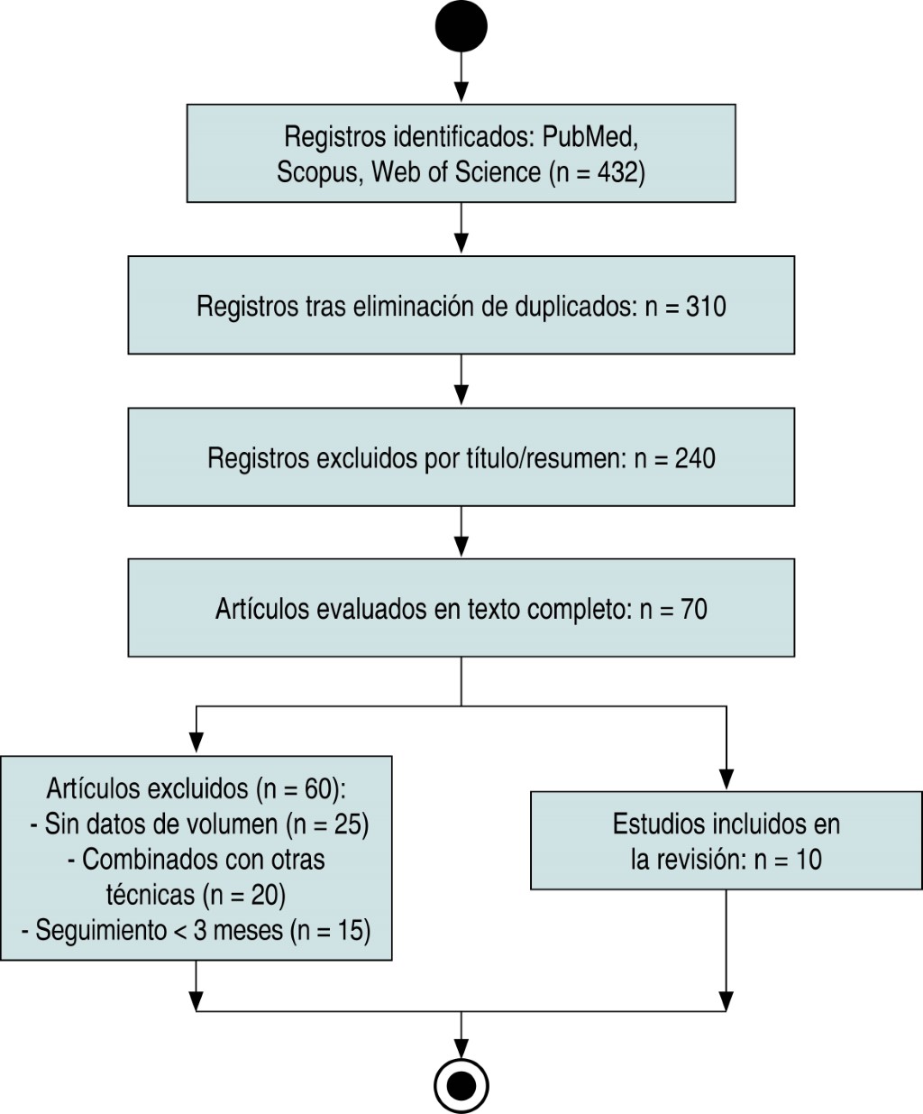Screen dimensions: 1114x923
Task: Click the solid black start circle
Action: point(461,25)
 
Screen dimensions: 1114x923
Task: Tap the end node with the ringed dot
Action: point(461,1085)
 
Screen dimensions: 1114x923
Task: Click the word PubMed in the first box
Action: point(590,137)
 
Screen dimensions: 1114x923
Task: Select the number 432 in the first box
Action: point(618,171)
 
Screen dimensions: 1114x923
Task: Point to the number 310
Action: point(706,307)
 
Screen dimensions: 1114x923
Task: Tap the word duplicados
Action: point(574,307)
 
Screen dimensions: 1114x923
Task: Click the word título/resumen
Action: point(523,458)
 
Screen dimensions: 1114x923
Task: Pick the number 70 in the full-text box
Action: point(693,610)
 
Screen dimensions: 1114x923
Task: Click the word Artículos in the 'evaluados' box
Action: point(262,610)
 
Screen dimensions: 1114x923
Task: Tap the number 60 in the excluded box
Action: point(320,789)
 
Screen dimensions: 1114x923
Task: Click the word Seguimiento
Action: point(100,930)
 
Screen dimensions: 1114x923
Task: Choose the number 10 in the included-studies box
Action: point(809,860)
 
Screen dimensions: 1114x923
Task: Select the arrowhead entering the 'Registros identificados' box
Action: point(461,93)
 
